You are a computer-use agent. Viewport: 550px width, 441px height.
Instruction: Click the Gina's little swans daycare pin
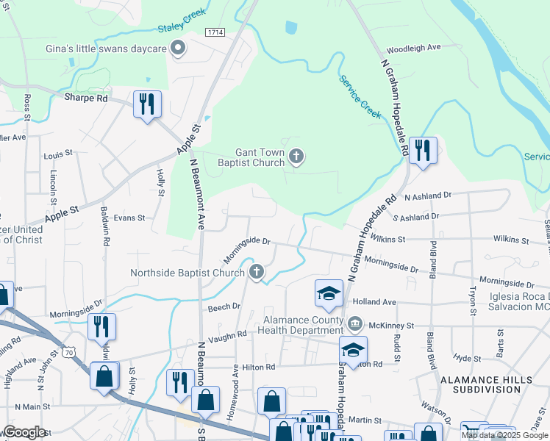coord(177,49)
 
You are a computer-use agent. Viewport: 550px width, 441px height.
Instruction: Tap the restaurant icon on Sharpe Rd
coord(147,104)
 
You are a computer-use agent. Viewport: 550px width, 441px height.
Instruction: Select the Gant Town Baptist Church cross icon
coord(296,156)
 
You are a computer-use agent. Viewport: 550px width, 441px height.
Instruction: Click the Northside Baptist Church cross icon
coord(256,273)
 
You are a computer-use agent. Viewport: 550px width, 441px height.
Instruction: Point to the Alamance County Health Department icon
coord(354,323)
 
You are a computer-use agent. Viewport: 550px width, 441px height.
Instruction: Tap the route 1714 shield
coord(215,32)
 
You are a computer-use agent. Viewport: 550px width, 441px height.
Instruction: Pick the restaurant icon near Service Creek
coord(422,150)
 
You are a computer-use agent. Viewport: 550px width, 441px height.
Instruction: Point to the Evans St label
coord(129,218)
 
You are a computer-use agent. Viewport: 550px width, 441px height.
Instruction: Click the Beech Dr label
coord(224,306)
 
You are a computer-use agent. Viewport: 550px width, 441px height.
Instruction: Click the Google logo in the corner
coord(24,431)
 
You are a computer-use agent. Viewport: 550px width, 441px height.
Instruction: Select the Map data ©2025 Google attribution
coord(504,435)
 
